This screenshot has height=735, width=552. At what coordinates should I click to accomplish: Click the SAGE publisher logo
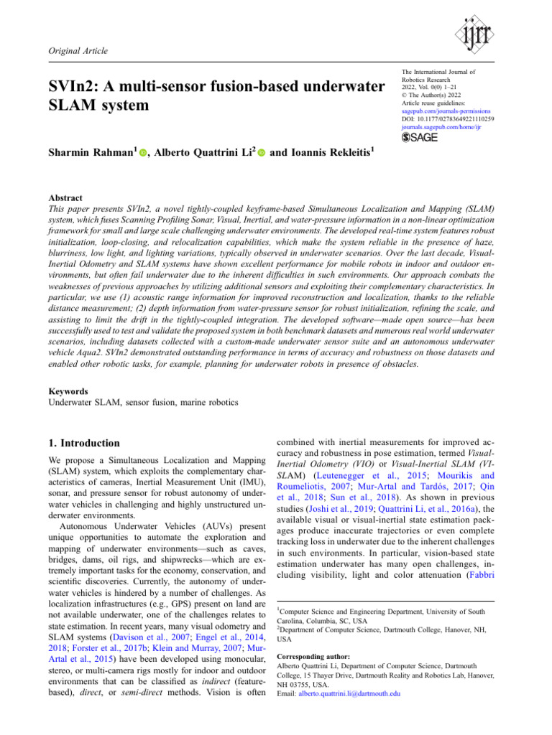coord(420,137)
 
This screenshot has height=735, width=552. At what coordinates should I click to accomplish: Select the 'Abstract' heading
coord(65,197)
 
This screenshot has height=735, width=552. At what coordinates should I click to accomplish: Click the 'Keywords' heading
coord(69,393)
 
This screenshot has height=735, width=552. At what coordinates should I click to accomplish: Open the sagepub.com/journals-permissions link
coord(445,113)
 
